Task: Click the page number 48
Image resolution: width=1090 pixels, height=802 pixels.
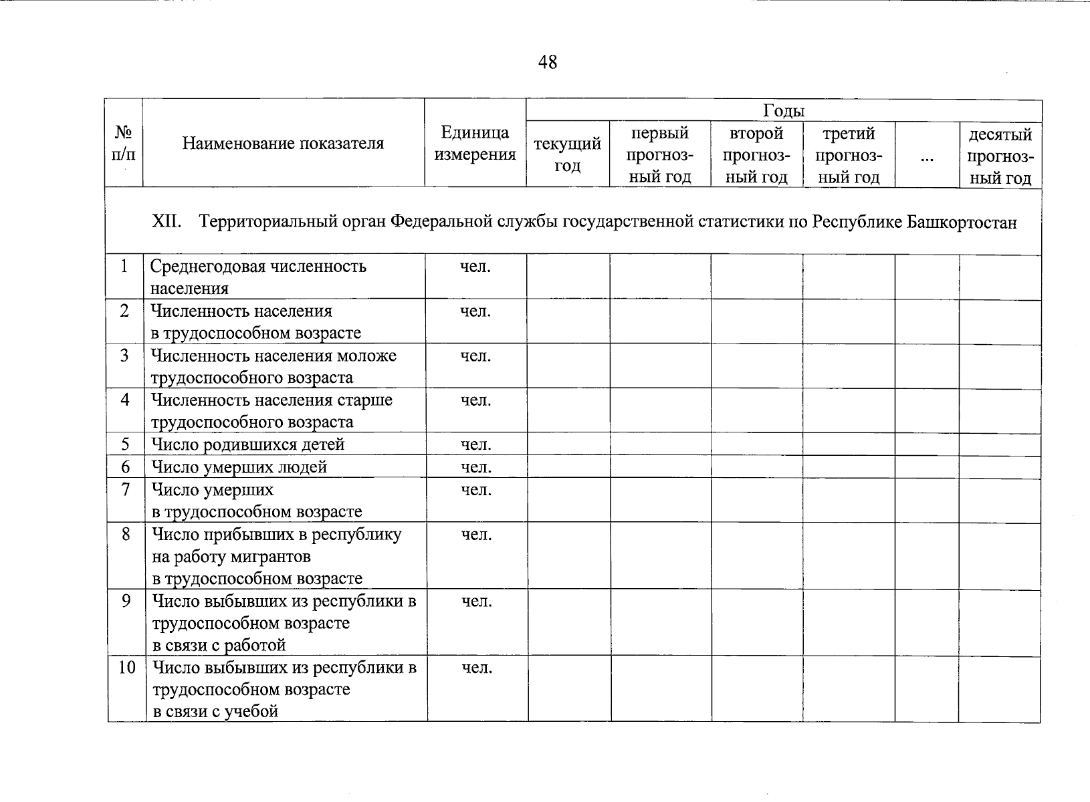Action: point(547,62)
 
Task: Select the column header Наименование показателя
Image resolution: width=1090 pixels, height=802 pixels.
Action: point(284,143)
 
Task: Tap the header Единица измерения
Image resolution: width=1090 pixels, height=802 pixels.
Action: point(475,144)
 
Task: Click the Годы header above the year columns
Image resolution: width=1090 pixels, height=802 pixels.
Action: point(783,111)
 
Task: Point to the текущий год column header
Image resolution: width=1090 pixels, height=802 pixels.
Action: point(567,154)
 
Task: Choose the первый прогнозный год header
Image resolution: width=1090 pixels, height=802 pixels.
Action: point(659,155)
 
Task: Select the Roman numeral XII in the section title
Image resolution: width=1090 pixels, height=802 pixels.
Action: point(167,222)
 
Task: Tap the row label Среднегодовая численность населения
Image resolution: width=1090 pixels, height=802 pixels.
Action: point(258,277)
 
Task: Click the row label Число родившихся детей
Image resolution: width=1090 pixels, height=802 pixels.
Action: point(247,444)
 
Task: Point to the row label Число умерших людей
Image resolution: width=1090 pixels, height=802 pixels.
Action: point(239,466)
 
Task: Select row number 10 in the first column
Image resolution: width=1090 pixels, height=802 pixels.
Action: point(126,667)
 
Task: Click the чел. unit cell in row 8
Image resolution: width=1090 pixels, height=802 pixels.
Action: point(476,534)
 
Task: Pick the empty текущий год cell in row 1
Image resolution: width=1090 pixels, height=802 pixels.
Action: point(568,277)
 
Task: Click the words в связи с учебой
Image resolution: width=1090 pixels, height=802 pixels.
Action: point(215,711)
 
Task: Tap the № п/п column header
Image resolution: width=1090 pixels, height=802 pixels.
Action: point(124,144)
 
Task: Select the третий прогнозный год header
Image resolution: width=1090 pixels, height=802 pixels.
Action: point(849,155)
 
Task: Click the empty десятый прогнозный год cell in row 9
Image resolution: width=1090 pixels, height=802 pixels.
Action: point(999,622)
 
